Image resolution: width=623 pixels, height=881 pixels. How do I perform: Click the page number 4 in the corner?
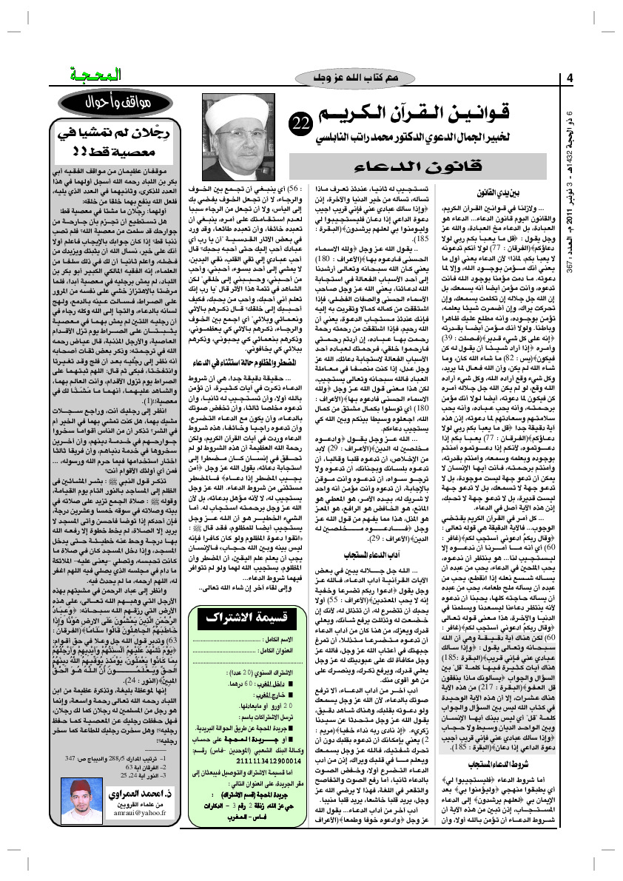point(570,78)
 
